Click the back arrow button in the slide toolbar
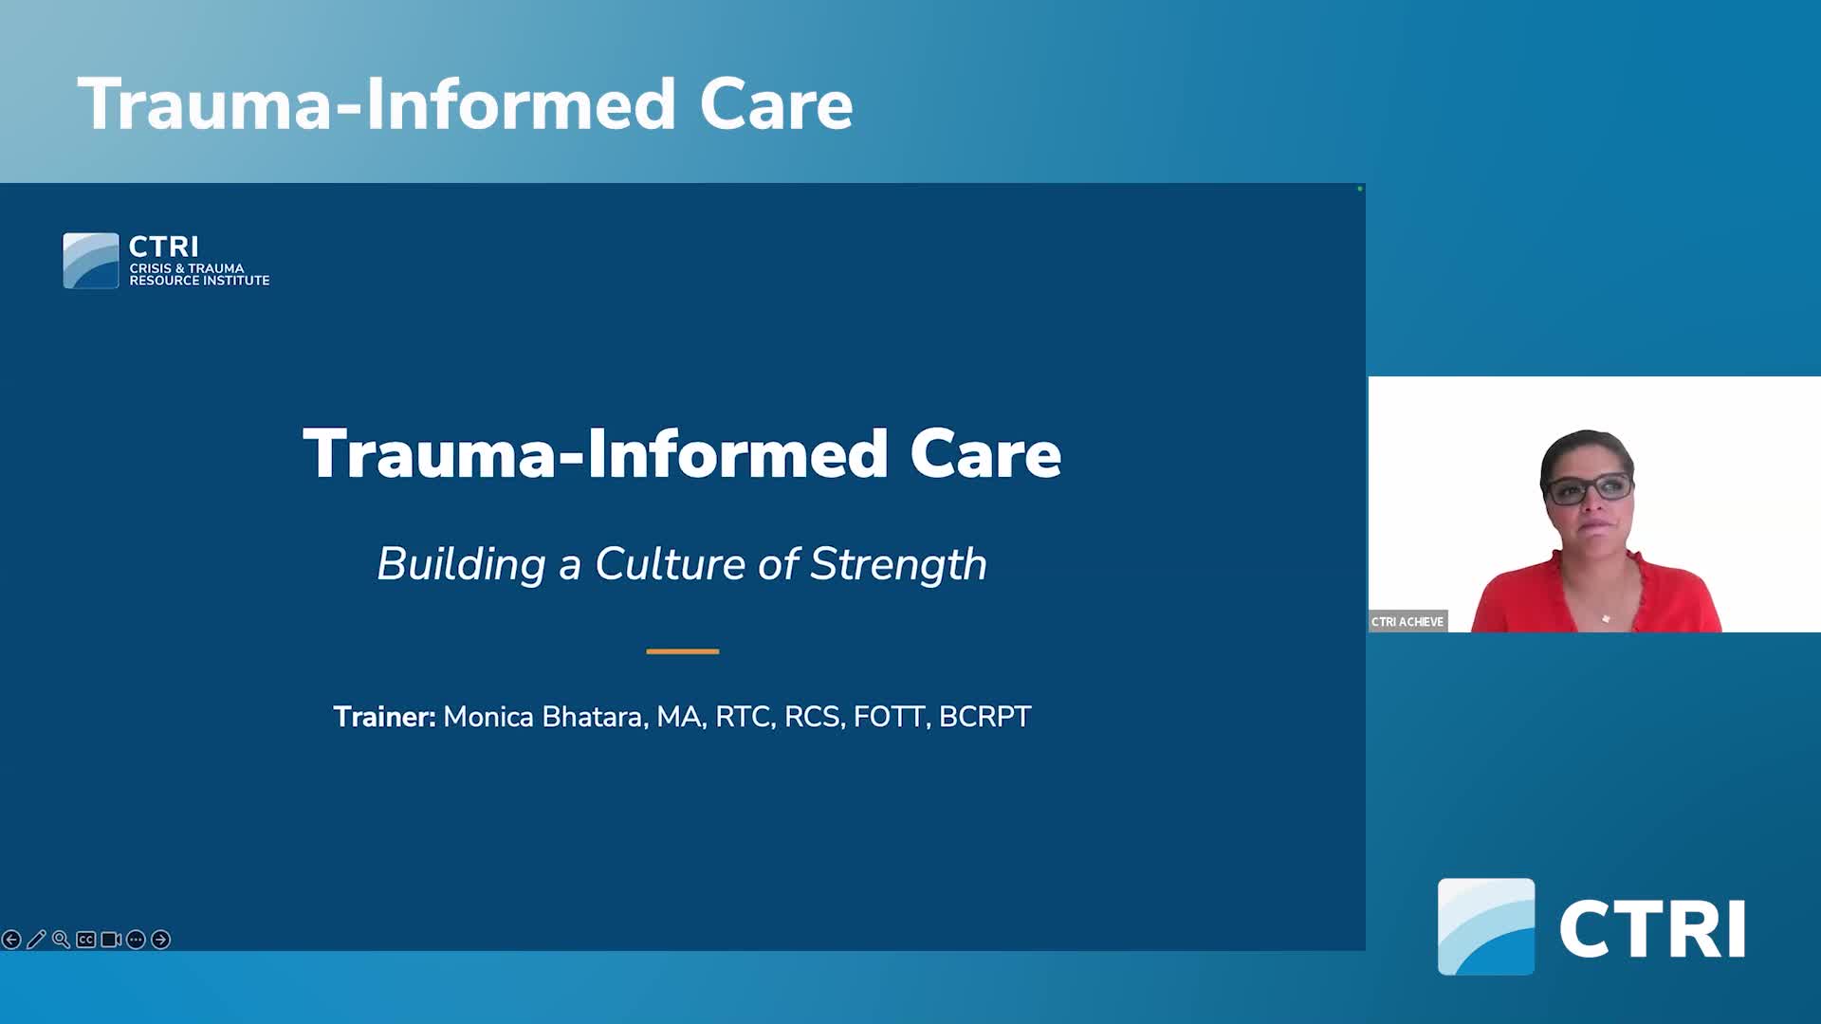pyautogui.click(x=11, y=940)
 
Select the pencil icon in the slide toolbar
pyautogui.click(x=36, y=940)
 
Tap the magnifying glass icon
pyautogui.click(x=61, y=940)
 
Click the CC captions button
pyautogui.click(x=86, y=940)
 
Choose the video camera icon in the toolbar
pyautogui.click(x=111, y=940)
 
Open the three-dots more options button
pyautogui.click(x=136, y=940)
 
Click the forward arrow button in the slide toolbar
pyautogui.click(x=161, y=940)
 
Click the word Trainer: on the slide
pyautogui.click(x=384, y=717)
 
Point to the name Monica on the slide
pyautogui.click(x=488, y=717)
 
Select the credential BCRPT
pyautogui.click(x=984, y=717)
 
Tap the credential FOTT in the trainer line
pyautogui.click(x=889, y=717)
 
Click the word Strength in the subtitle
pyautogui.click(x=898, y=564)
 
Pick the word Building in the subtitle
pyautogui.click(x=461, y=564)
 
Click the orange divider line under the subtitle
pyautogui.click(x=683, y=651)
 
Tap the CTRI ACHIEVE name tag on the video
pyautogui.click(x=1407, y=622)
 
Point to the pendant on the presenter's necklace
pyautogui.click(x=1606, y=619)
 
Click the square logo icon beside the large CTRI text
pyautogui.click(x=1486, y=926)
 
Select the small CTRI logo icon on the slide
pyautogui.click(x=91, y=261)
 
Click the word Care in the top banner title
pyautogui.click(x=776, y=104)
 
